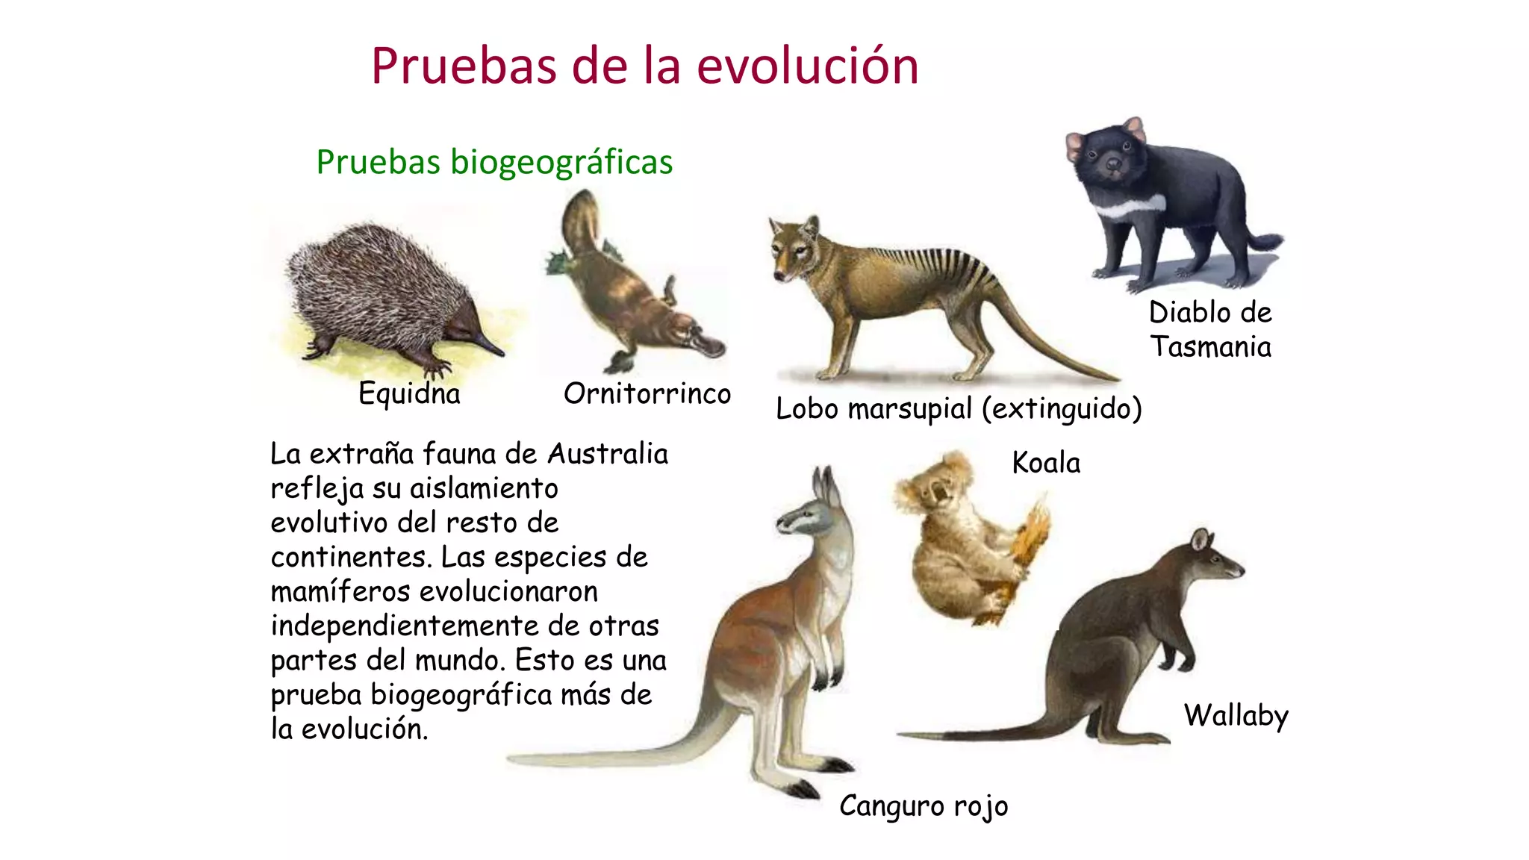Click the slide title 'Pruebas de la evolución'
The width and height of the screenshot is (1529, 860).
(644, 66)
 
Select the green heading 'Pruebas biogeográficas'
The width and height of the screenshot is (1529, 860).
(494, 162)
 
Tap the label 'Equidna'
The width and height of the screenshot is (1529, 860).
(409, 393)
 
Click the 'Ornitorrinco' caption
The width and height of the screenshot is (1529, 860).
(647, 393)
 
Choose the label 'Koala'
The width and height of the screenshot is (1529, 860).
(1046, 463)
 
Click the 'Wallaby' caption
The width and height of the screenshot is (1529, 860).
(1236, 715)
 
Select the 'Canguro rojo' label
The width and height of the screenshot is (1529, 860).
(924, 806)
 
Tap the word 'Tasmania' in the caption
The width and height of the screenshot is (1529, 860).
(1210, 346)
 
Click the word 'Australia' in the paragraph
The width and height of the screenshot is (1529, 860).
(608, 454)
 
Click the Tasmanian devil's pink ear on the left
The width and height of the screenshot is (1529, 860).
(1075, 143)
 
